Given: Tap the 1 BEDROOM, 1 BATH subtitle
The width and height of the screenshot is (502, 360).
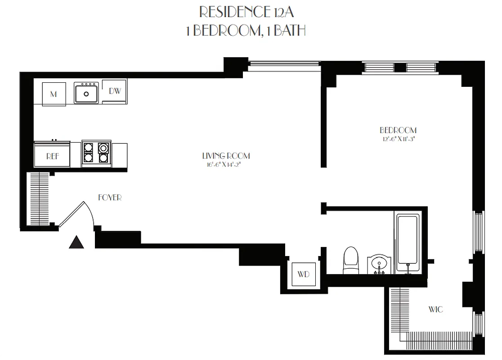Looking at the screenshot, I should pos(246,30).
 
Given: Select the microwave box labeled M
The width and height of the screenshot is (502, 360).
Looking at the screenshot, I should pos(54,94).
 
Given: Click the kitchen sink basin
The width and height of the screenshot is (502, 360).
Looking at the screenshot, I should pos(86,94).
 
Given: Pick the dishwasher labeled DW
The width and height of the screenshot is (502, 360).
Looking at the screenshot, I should pos(115,91).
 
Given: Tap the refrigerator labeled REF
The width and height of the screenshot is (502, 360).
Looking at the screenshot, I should pos(52,156).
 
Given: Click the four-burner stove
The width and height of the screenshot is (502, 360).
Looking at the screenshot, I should pos(97,153).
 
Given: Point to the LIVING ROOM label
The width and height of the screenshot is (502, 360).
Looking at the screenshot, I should pos(226,156).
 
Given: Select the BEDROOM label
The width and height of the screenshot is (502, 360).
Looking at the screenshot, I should pos(398,130).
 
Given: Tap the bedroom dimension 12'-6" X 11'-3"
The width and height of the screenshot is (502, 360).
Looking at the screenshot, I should pos(398,139).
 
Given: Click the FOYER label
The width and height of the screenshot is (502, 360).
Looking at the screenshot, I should pos(110,197).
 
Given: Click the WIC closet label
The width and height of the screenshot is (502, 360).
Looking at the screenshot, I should pos(435,309).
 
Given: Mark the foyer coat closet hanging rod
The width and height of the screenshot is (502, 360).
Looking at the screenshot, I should pos(40,199).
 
